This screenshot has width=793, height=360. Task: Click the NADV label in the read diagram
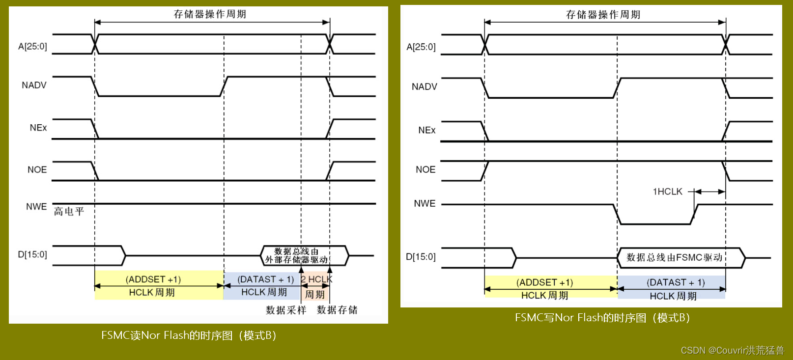tap(34, 85)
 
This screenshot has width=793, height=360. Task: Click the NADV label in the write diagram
tap(424, 87)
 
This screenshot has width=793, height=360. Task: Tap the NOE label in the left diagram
tap(37, 170)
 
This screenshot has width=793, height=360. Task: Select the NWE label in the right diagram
tap(425, 203)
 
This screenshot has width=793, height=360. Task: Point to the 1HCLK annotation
tap(667, 192)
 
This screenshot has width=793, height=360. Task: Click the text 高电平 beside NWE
tap(69, 212)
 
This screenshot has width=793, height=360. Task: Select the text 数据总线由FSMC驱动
tap(674, 257)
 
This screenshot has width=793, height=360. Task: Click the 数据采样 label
tap(286, 310)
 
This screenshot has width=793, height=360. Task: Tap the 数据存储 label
tap(337, 310)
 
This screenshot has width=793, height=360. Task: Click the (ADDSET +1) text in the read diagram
tap(153, 279)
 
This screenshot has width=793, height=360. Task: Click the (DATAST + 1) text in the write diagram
tap(676, 282)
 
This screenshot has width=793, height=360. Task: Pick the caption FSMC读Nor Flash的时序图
tap(189, 335)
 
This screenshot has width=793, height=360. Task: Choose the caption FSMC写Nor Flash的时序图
tap(602, 318)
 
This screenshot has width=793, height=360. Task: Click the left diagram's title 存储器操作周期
tap(210, 14)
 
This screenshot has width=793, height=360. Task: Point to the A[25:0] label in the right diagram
tap(421, 47)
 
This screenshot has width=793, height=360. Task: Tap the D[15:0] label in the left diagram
tap(32, 254)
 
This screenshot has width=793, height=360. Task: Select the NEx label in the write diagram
tap(426, 130)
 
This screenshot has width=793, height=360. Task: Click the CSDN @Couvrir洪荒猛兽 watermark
tap(732, 350)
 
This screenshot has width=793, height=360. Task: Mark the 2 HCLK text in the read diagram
tap(316, 279)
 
